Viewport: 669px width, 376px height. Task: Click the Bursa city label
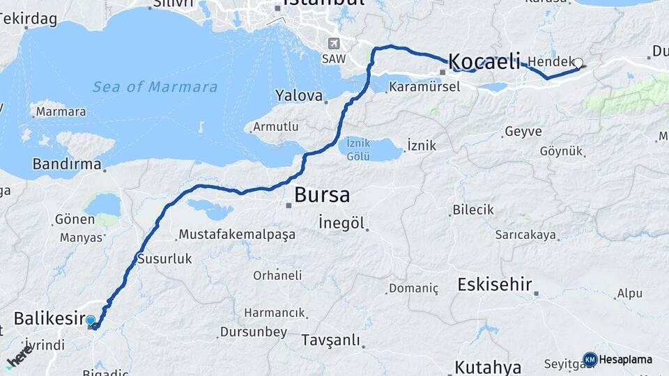(x=322, y=194)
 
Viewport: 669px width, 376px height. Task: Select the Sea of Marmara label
(x=155, y=87)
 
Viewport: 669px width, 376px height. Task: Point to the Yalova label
(x=299, y=95)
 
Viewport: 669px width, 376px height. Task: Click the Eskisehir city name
(x=495, y=284)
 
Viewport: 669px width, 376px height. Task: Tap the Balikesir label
(x=45, y=319)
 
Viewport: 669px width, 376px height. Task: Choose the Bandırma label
(x=67, y=165)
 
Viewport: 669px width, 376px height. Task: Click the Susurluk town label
(x=164, y=258)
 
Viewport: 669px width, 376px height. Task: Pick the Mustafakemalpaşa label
(x=237, y=235)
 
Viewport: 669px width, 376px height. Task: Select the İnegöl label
(x=341, y=223)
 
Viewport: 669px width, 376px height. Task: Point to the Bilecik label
(x=473, y=210)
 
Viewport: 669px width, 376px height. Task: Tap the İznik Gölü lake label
(x=358, y=151)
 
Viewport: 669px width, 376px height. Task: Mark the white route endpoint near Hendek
(x=578, y=63)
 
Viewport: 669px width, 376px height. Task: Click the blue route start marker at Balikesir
(x=91, y=320)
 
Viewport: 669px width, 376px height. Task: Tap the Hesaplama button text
(x=625, y=360)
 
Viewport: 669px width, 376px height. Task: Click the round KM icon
(x=590, y=360)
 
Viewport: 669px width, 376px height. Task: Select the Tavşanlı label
(x=331, y=340)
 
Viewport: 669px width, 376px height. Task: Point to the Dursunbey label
(x=253, y=332)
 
